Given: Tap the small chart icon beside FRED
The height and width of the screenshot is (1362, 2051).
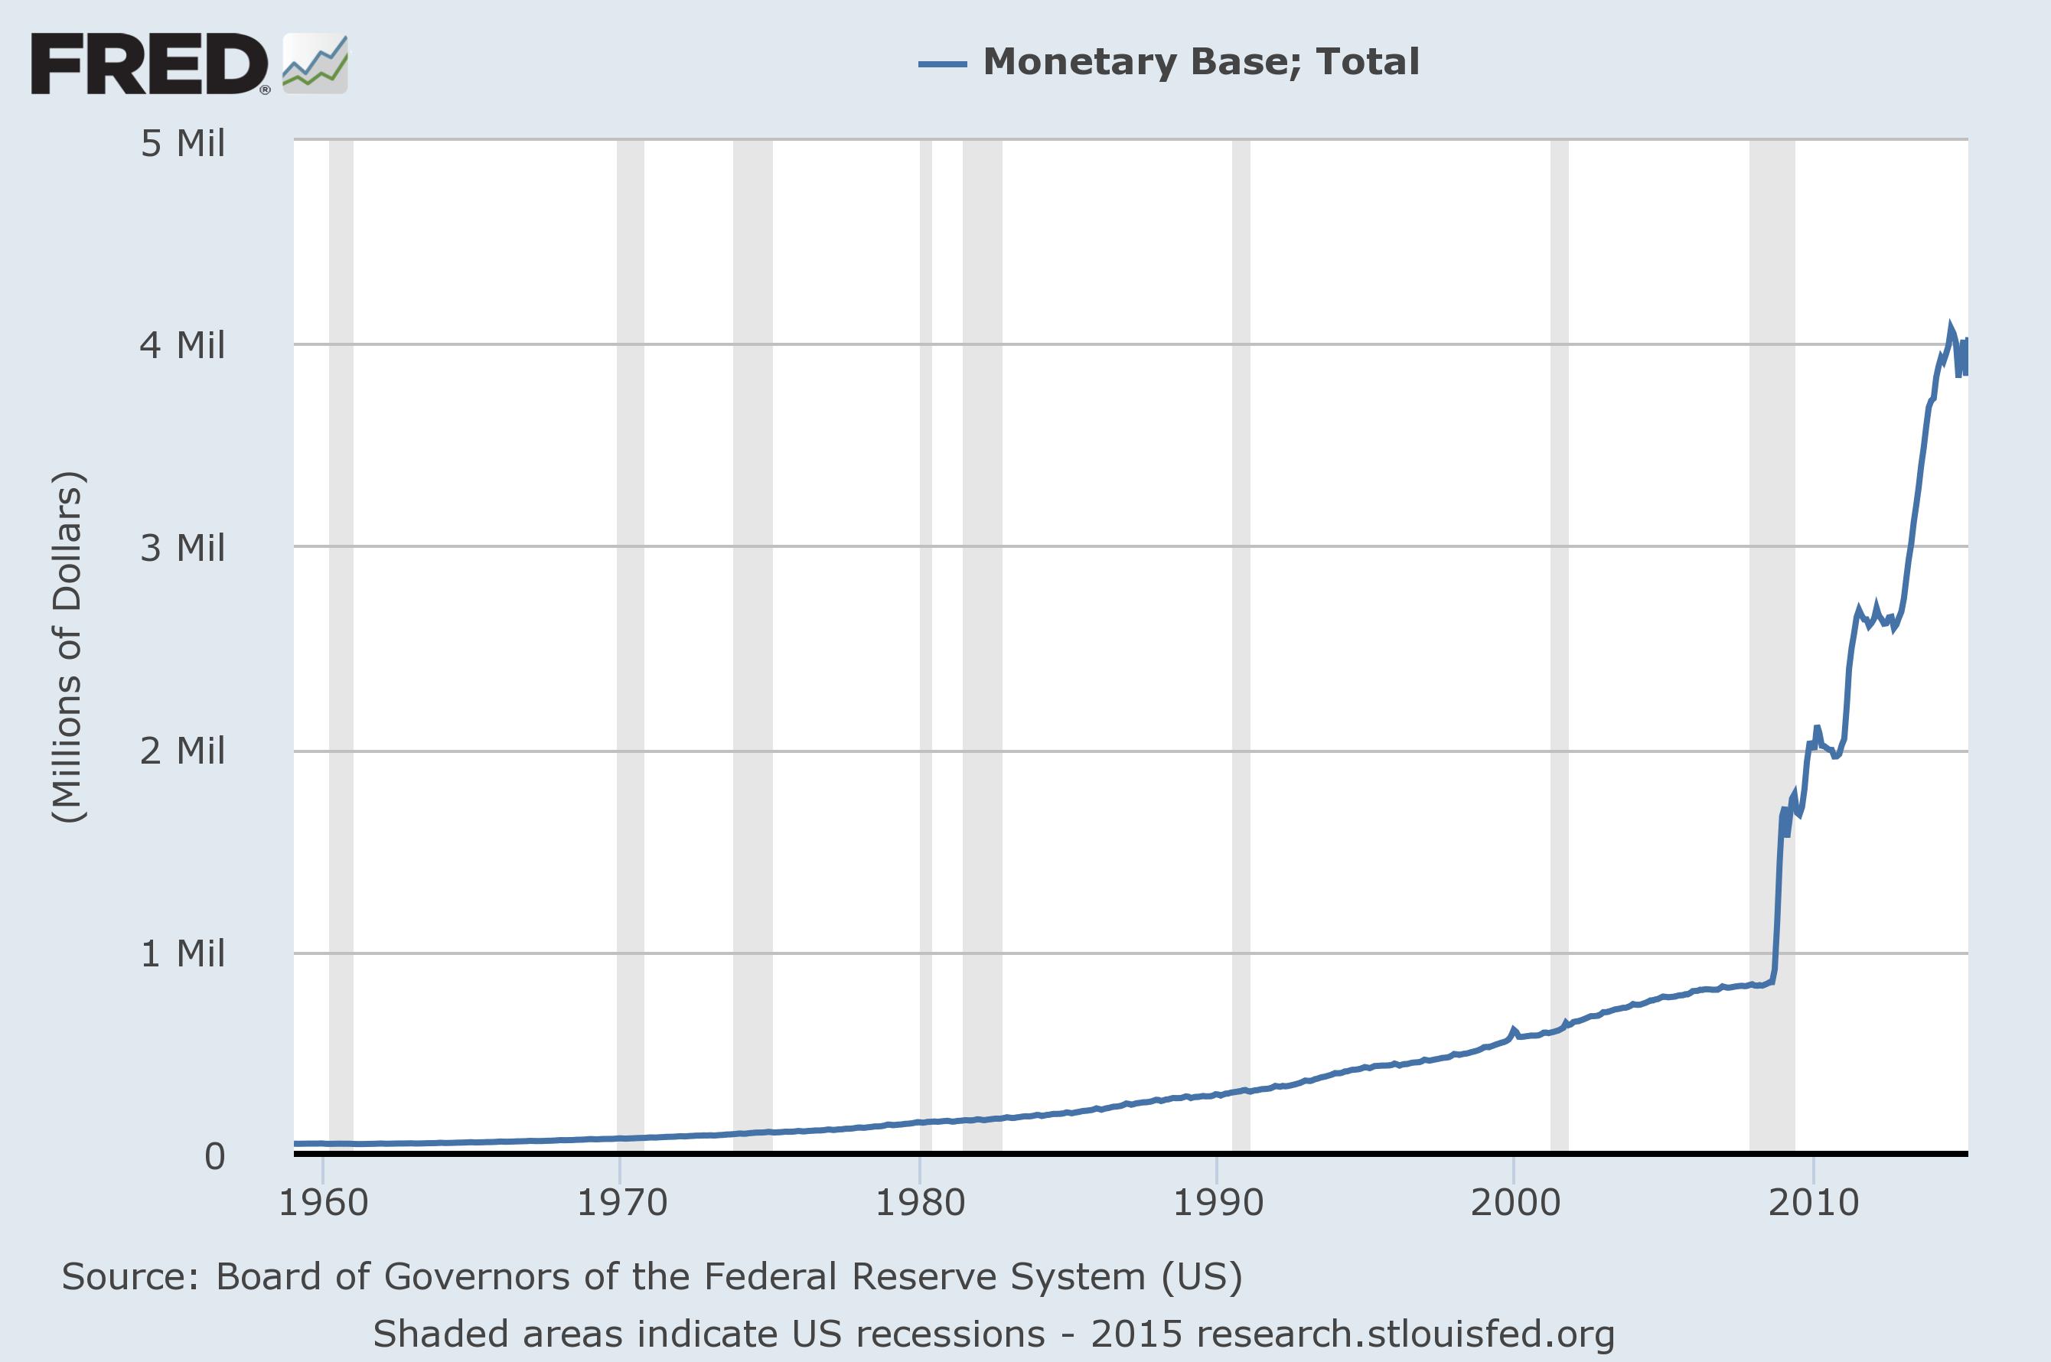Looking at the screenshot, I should (x=315, y=64).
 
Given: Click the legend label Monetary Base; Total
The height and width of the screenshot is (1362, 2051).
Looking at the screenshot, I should (x=1201, y=62).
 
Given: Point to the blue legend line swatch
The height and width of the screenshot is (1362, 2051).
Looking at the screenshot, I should (x=943, y=64).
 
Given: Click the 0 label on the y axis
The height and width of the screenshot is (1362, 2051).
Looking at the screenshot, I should (x=214, y=1156).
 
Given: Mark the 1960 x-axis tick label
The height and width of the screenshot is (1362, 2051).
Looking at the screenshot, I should (x=323, y=1203).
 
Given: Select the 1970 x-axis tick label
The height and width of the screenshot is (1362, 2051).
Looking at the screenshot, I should (x=622, y=1203).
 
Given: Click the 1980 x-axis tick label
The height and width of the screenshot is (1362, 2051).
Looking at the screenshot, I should (x=920, y=1203).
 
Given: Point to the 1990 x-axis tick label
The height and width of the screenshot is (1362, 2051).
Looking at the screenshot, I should (x=1218, y=1203).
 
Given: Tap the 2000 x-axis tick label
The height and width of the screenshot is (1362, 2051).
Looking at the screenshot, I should (x=1515, y=1203).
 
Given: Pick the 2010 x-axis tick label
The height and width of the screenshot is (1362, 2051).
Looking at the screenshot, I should (x=1814, y=1203).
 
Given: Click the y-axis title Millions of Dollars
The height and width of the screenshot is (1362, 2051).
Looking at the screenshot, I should (x=68, y=647).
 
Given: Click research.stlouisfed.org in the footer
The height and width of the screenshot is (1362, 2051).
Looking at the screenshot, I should (x=1404, y=1334).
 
